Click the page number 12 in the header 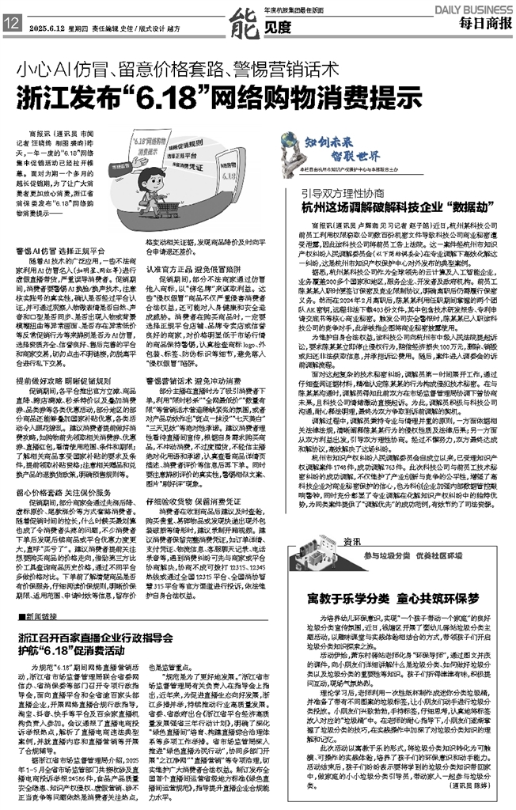click(12, 25)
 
